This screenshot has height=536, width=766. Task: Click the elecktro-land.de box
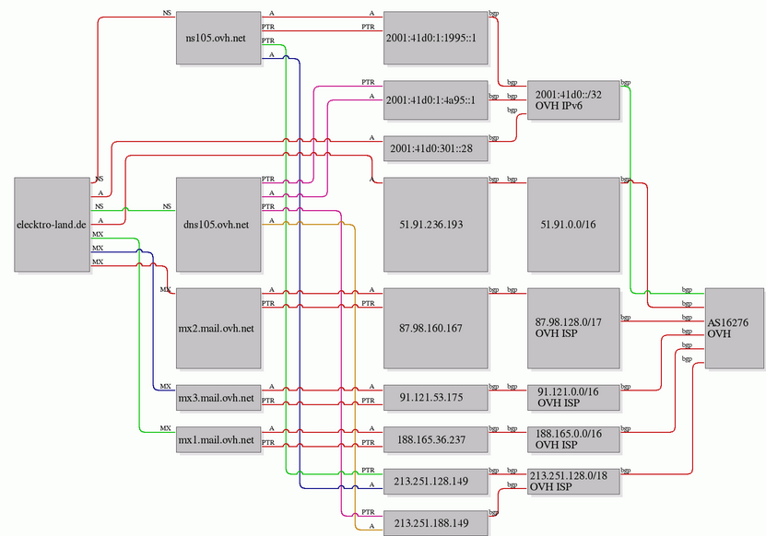[53, 225]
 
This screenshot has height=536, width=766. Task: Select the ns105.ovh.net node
[218, 38]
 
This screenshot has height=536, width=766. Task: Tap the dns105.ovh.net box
[218, 225]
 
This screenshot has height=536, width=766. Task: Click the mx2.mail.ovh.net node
[218, 328]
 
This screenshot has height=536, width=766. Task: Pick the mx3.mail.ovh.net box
[218, 398]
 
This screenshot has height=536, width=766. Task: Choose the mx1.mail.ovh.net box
[218, 440]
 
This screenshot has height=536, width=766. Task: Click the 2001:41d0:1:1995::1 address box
[435, 38]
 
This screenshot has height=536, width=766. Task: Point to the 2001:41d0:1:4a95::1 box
[435, 100]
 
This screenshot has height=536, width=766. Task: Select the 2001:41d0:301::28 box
[435, 148]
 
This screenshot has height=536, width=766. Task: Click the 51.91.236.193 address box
[435, 225]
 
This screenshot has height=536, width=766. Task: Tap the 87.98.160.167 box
[435, 328]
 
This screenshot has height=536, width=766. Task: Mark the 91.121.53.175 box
[435, 398]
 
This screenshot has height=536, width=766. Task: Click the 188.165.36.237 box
[435, 440]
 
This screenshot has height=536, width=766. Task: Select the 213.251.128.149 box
[435, 482]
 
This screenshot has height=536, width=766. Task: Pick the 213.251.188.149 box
[435, 523]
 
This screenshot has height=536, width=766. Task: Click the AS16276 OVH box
[735, 328]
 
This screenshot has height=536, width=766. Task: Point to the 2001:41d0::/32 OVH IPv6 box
[573, 100]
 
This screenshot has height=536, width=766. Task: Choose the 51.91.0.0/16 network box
[573, 225]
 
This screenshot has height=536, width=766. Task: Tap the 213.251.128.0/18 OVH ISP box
[573, 482]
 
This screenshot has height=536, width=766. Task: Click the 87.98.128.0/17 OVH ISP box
[573, 328]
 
